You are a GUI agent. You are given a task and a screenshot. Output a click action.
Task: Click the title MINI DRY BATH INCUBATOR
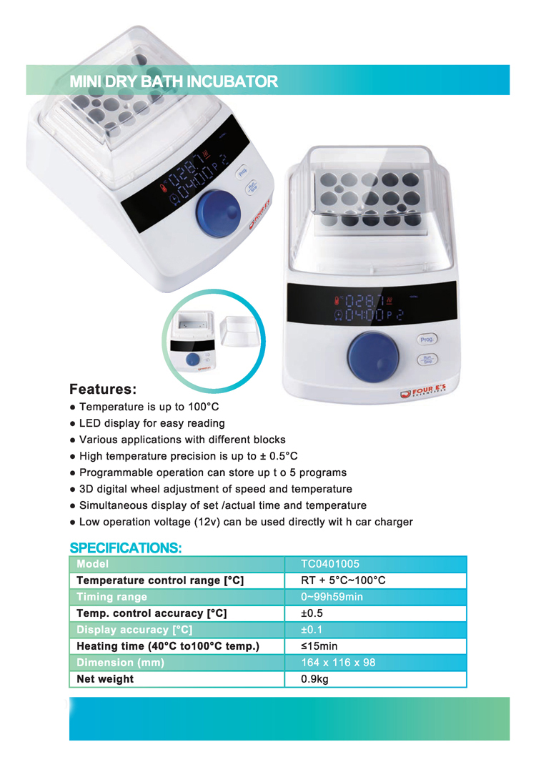point(174,81)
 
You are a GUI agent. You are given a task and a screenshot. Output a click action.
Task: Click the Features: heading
point(103,390)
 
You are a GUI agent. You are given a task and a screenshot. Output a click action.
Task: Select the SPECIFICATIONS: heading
point(126,548)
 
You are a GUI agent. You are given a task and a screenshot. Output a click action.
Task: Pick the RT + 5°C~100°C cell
point(343,580)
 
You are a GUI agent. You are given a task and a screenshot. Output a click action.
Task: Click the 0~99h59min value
point(332,597)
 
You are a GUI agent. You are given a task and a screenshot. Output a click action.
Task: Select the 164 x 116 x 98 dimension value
point(338,663)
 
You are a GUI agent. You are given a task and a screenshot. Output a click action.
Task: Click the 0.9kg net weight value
point(315,679)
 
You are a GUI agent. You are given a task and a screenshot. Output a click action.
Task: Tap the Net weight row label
point(105,679)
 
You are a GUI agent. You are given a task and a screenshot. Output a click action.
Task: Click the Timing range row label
point(111,597)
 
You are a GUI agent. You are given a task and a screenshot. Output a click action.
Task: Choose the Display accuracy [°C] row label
point(134,630)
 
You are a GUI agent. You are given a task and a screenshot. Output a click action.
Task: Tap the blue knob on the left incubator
point(219,211)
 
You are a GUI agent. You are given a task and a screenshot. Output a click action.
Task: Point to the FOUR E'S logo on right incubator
point(427,392)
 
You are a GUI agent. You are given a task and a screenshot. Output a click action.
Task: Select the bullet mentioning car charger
point(246,522)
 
